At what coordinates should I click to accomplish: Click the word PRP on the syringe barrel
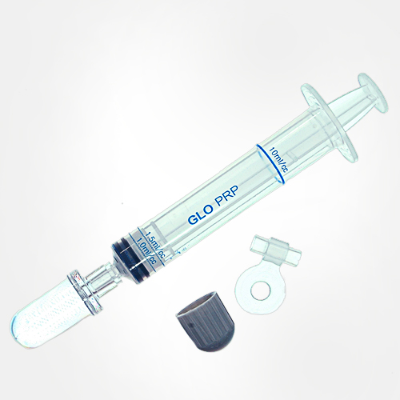coord(226,198)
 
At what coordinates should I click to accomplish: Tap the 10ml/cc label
coord(278,159)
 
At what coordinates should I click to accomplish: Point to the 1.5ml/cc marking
coord(154,245)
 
